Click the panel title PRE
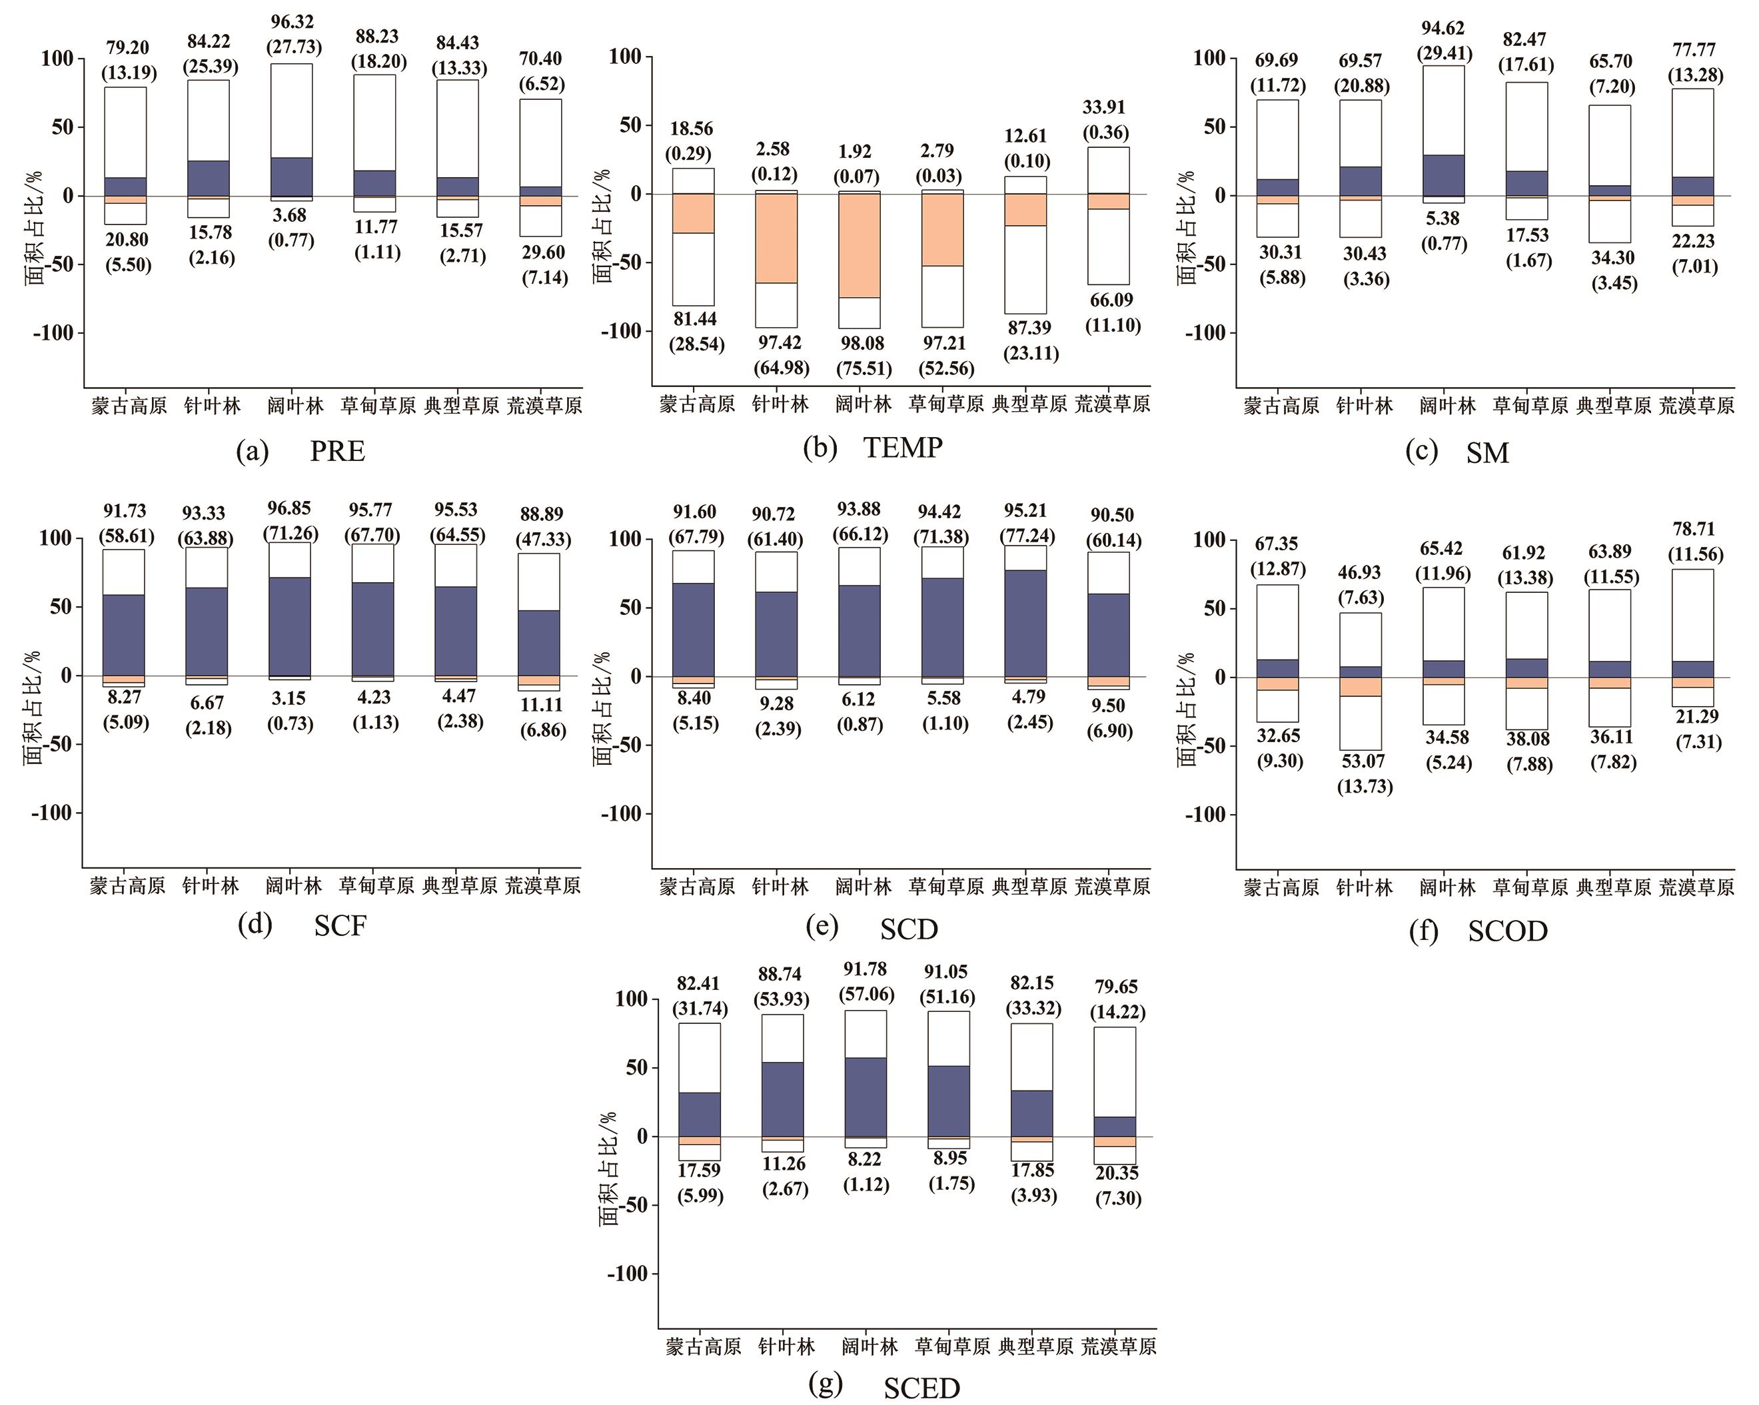tap(337, 451)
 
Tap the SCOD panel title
tap(1507, 931)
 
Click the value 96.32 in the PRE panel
tap(292, 22)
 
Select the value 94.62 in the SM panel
tap(1443, 29)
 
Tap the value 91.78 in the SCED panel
tap(865, 969)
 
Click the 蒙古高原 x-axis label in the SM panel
tap(1281, 406)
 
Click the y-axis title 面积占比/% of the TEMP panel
tap(602, 226)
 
